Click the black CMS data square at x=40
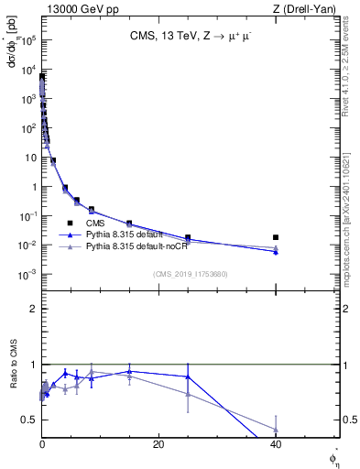coord(276,237)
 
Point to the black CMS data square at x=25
coord(188,237)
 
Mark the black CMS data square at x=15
coord(129,224)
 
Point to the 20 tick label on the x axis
coord(158,444)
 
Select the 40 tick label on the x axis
coord(276,444)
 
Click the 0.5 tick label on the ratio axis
coord(29,420)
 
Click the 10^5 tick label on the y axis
coord(28,40)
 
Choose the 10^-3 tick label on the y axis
coord(28,275)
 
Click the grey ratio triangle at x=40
coord(276,428)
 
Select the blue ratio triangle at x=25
coord(188,376)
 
